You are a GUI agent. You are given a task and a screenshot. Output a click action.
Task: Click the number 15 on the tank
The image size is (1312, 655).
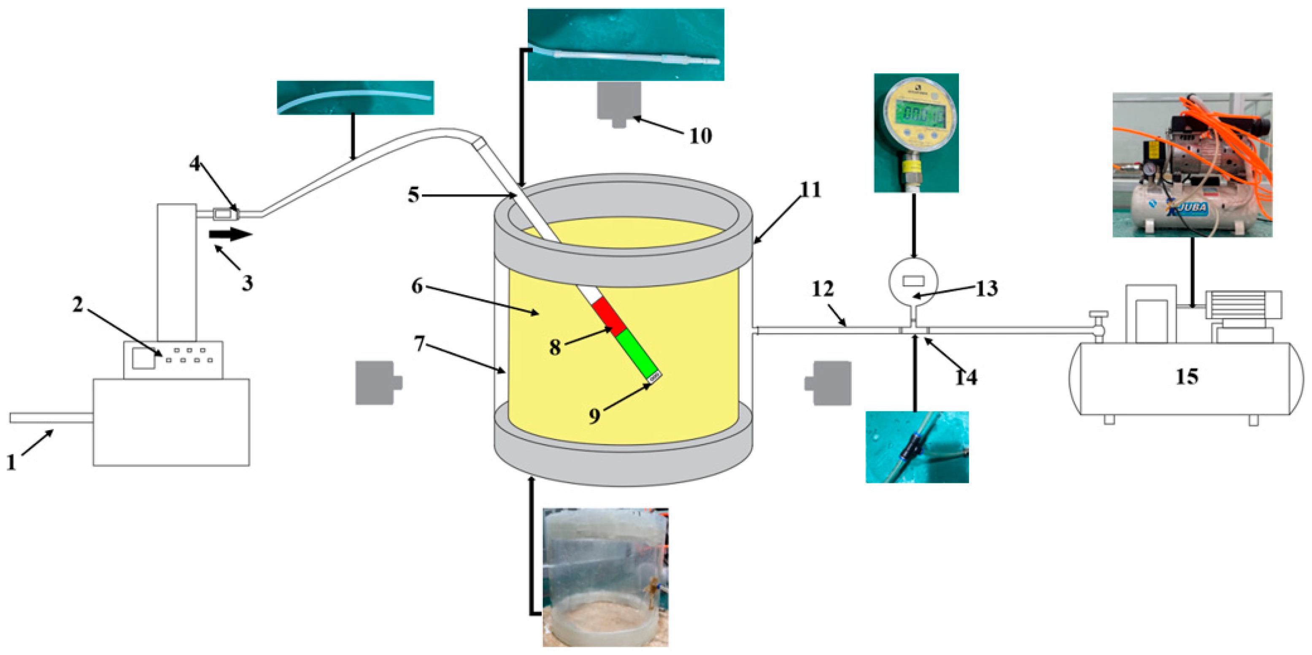[x=1187, y=377]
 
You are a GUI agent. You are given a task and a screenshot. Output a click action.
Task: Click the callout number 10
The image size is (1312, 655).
[x=700, y=136]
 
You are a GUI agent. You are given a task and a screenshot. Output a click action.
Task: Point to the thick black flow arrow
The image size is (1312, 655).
[x=230, y=235]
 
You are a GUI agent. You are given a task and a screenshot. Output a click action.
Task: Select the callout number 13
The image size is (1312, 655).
[x=987, y=289]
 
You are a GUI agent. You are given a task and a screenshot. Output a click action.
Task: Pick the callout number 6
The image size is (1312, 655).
[x=417, y=286]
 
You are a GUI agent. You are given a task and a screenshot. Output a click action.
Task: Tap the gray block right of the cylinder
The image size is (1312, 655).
[x=829, y=383]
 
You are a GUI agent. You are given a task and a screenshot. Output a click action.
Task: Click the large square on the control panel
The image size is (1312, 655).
[x=143, y=358]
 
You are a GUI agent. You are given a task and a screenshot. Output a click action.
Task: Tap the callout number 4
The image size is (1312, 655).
[x=195, y=164]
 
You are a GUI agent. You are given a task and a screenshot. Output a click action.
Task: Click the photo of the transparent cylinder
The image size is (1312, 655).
[x=605, y=577]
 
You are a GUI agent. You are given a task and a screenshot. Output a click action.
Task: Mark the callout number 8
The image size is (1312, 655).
[x=555, y=348]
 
